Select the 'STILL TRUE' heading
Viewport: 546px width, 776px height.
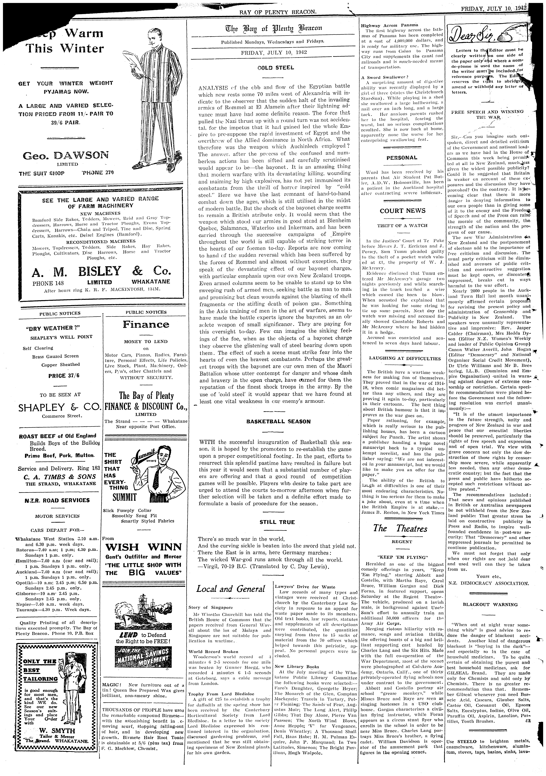coord(277,522)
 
